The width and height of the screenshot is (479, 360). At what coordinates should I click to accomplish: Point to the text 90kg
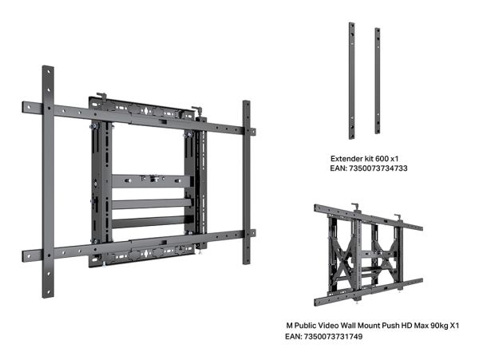pos(438,326)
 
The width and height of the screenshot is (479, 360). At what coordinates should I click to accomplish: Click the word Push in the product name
pos(391,326)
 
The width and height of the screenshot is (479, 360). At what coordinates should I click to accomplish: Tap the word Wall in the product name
pos(348,326)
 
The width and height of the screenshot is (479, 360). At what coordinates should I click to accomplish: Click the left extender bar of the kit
pos(352,81)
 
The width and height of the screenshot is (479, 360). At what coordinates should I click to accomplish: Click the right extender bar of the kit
pos(378,81)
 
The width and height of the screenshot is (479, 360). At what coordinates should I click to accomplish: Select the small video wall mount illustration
pos(368,255)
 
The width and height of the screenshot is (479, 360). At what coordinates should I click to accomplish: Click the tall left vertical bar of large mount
pos(48,182)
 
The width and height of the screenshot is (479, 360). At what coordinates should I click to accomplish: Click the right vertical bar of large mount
pos(247,182)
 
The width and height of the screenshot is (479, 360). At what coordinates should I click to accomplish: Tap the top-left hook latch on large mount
pos(102,97)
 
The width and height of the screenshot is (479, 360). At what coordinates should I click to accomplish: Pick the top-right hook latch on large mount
pos(198,110)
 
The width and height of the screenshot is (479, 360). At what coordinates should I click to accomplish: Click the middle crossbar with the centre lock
pos(152,180)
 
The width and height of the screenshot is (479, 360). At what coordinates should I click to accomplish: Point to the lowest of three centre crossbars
pos(152,222)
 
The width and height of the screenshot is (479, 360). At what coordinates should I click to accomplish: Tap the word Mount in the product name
pos(370,326)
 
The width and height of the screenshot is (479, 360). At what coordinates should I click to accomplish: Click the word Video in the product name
pos(329,326)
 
